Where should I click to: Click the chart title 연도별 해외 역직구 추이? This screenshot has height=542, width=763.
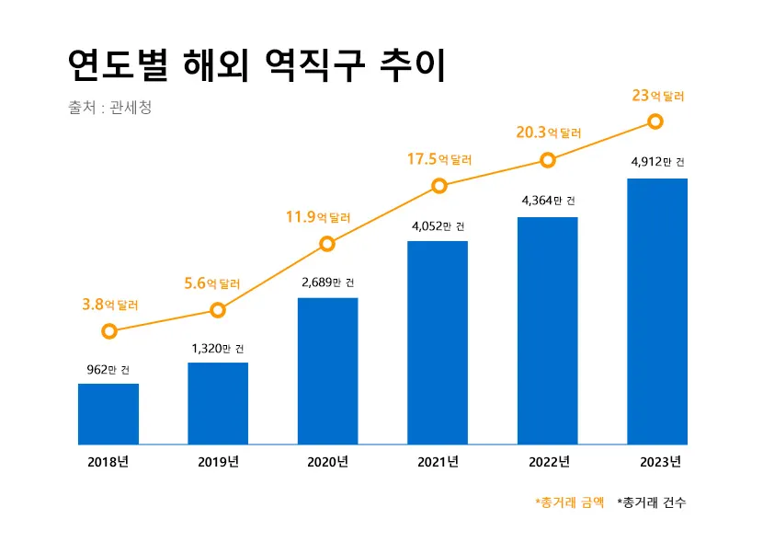(x=256, y=65)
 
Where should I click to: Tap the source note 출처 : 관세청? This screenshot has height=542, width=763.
(x=109, y=108)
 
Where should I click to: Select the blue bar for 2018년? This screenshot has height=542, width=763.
(x=108, y=414)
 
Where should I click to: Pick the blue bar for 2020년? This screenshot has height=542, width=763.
(x=327, y=371)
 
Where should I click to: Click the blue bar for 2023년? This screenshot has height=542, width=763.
(x=656, y=311)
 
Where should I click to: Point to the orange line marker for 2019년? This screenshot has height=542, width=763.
(x=218, y=310)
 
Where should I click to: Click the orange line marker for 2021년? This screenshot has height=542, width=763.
(x=439, y=186)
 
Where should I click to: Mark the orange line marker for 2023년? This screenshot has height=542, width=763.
(x=655, y=121)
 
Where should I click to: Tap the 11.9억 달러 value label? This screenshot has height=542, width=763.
(x=318, y=218)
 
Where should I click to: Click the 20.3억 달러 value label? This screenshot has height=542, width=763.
(x=550, y=133)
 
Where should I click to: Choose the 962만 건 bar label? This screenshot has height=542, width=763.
(x=108, y=370)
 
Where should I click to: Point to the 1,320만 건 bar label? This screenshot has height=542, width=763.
(x=218, y=349)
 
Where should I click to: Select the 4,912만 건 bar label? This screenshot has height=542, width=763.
(x=657, y=163)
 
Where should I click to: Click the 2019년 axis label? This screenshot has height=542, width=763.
(x=218, y=461)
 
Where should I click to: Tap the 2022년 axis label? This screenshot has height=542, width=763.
(x=549, y=461)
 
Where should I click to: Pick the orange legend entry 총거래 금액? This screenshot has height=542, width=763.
(x=570, y=502)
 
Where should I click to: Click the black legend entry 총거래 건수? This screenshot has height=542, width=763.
(x=652, y=502)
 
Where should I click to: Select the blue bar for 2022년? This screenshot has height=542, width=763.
(x=547, y=330)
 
